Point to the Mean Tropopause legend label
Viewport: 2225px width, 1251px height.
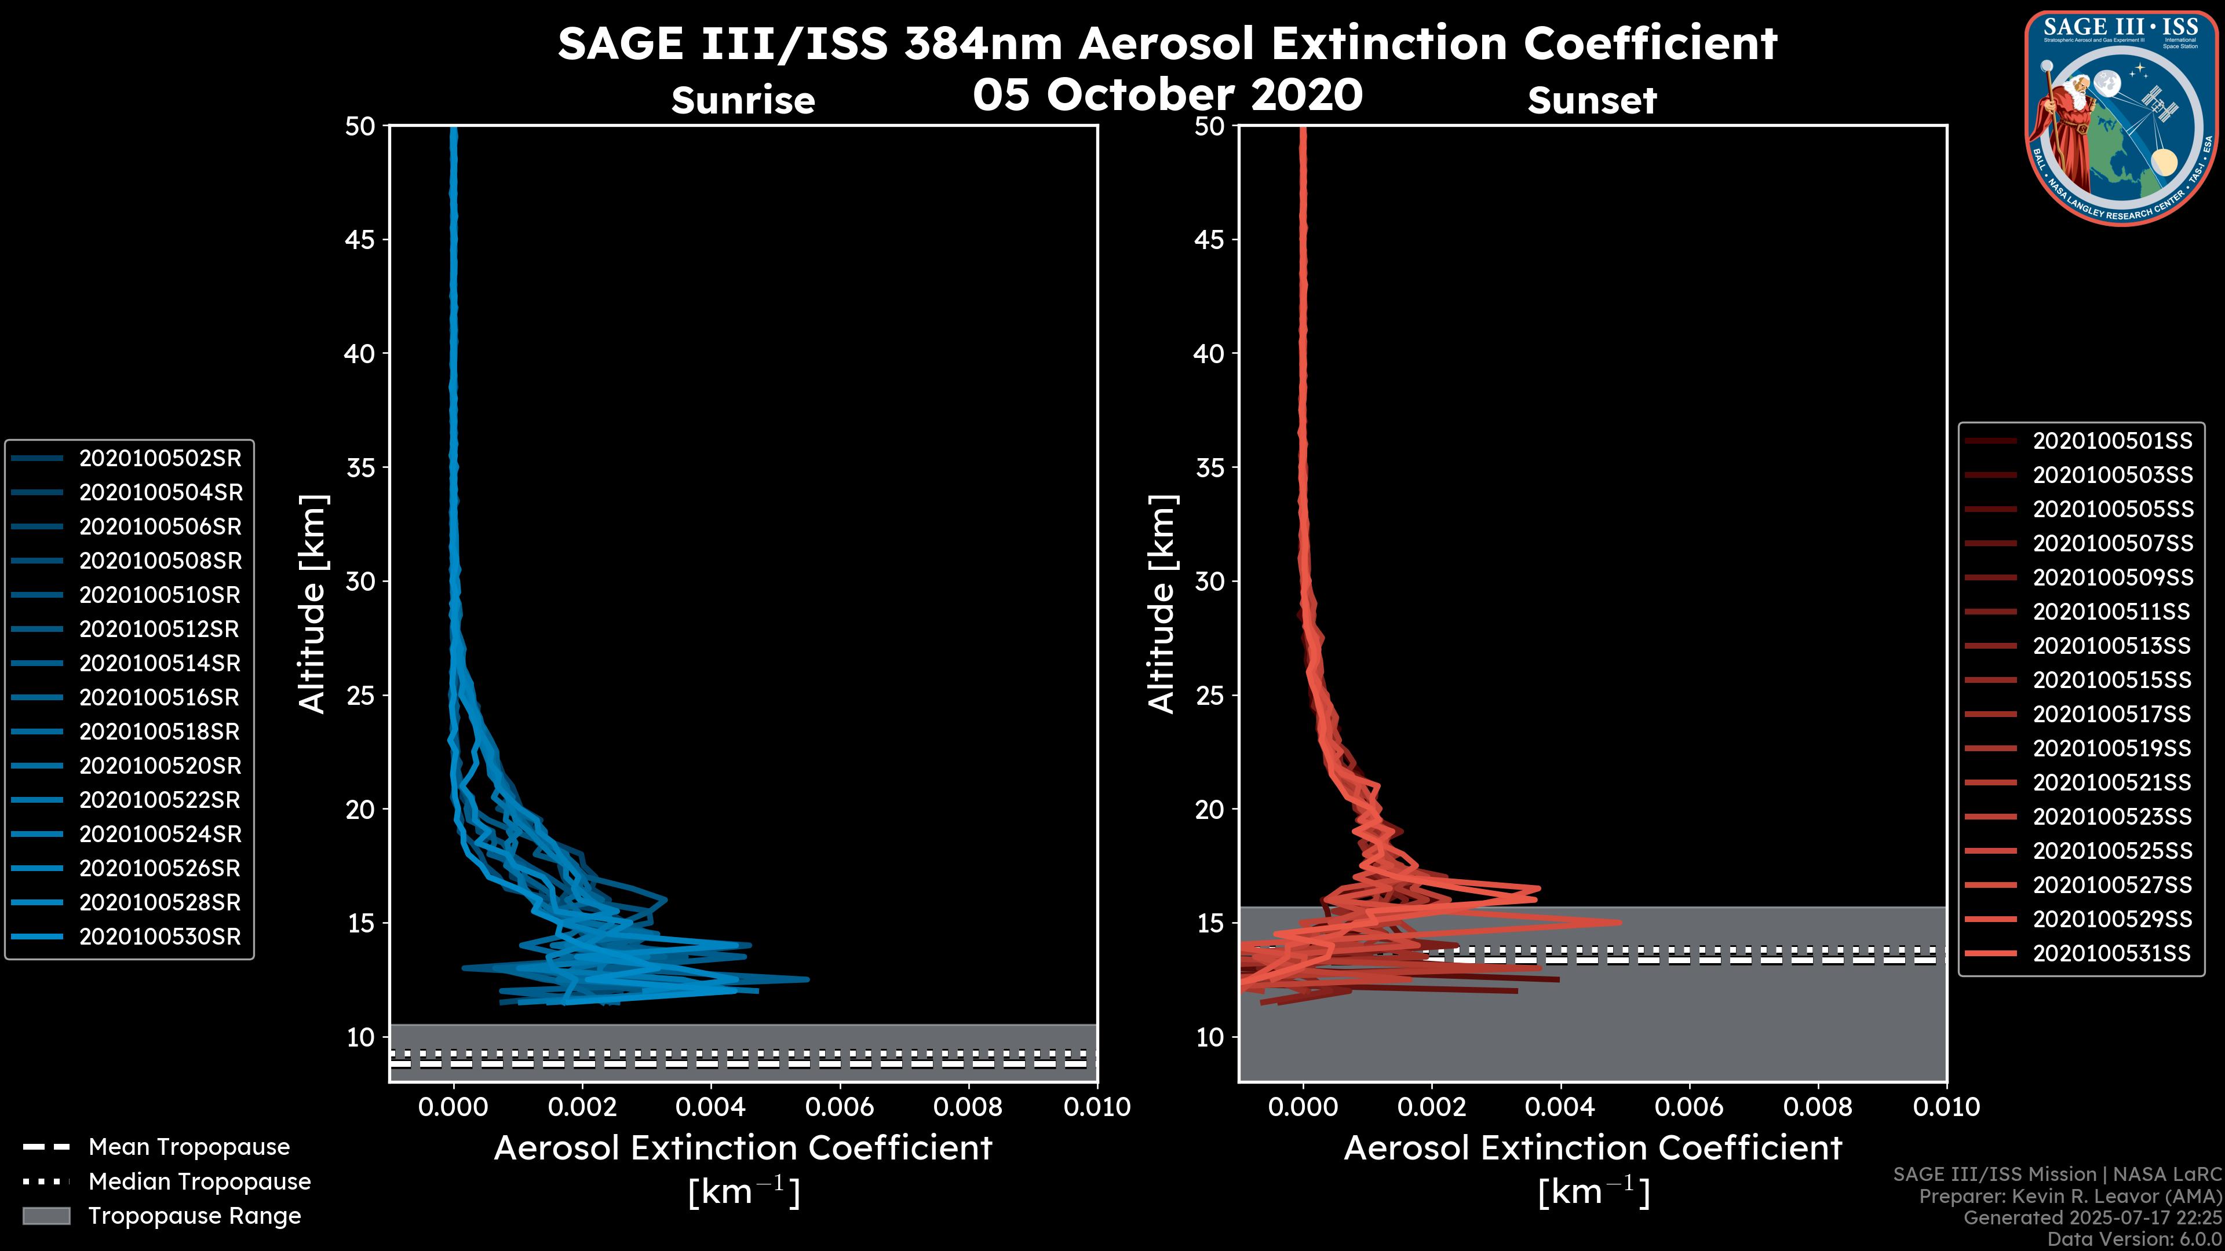[x=189, y=1147]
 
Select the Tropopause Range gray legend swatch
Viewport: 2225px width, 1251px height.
[x=46, y=1216]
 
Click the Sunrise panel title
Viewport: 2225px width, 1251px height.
[x=743, y=101]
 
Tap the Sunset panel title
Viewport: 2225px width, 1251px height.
[x=1592, y=101]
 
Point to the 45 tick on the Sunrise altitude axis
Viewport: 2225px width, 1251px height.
[x=360, y=239]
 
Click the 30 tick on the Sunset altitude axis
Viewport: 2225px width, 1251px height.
[x=1209, y=581]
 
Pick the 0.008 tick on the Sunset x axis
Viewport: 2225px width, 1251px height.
[x=1818, y=1107]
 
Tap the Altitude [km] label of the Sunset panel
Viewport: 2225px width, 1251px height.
[x=1162, y=604]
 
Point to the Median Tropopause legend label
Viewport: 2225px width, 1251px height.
[x=199, y=1182]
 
